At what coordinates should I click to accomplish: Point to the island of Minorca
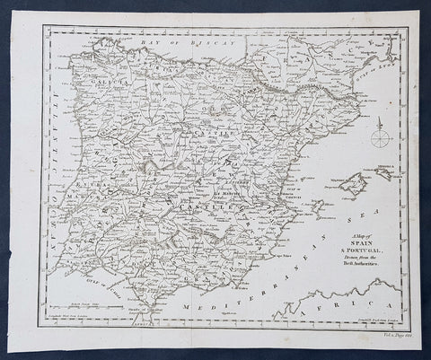385,176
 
